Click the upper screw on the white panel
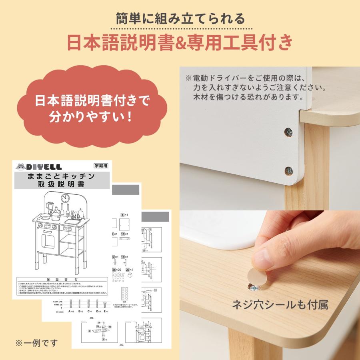click(288, 132)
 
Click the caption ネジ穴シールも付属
click(280, 305)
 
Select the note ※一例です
click(36, 343)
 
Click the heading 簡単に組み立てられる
click(180, 18)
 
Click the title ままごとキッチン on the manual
click(62, 176)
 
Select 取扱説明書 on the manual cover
click(62, 184)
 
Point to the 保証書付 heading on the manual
click(62, 280)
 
